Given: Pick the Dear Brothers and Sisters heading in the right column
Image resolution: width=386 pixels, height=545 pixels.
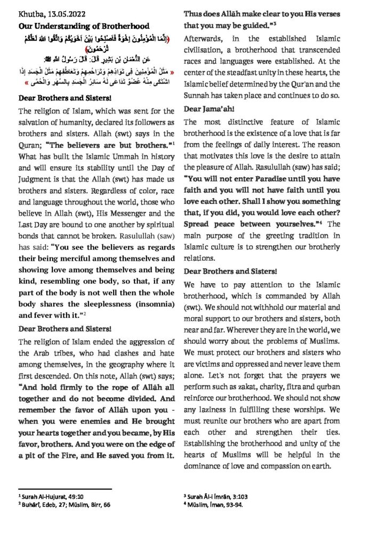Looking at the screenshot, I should click(x=233, y=271).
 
